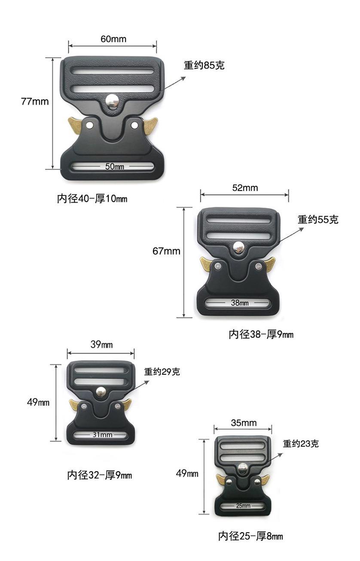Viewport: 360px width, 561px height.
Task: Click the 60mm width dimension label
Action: point(113,39)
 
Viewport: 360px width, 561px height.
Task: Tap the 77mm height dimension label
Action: point(35,102)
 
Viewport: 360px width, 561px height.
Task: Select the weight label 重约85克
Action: point(204,66)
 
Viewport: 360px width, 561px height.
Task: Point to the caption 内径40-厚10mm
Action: point(92,199)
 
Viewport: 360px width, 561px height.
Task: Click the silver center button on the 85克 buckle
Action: point(113,101)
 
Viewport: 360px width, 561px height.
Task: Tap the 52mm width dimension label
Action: point(245,188)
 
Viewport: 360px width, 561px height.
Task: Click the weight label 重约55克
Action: point(318,220)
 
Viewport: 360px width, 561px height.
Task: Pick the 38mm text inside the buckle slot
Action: point(239,303)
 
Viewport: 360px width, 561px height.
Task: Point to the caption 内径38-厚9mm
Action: point(261,334)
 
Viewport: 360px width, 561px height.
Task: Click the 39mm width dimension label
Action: point(101,345)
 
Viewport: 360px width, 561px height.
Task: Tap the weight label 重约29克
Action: point(162,372)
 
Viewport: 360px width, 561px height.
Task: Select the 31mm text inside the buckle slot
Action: point(102,435)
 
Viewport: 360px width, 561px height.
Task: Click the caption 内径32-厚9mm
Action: point(99,475)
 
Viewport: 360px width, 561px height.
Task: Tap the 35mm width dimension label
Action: point(244,423)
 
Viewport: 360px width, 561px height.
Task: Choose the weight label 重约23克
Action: point(301,444)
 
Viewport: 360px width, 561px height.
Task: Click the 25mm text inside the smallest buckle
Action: point(243,506)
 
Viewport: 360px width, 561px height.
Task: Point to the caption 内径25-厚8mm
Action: point(250,536)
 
